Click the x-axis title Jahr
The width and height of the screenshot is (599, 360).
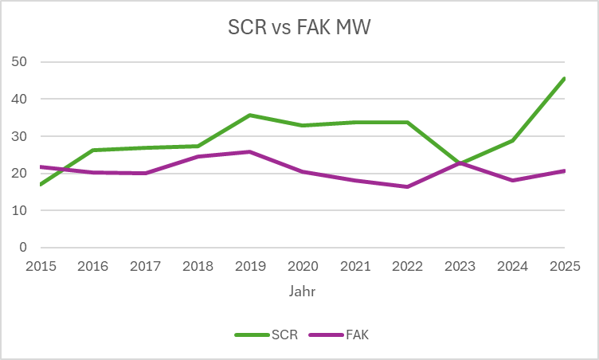(x=302, y=292)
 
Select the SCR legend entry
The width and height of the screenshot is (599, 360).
(x=268, y=335)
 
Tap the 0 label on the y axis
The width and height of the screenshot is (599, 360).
(x=22, y=248)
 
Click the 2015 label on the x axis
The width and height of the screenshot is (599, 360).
(x=41, y=266)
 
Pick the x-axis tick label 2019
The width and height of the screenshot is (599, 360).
(x=250, y=266)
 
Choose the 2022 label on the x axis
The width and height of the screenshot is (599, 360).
(x=407, y=266)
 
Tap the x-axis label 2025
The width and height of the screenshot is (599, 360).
(x=564, y=266)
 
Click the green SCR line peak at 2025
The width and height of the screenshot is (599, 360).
(x=564, y=78)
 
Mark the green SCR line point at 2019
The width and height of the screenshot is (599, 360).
(x=250, y=115)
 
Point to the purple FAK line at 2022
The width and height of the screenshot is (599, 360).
(x=407, y=186)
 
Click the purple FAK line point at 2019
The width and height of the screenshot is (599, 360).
(x=250, y=151)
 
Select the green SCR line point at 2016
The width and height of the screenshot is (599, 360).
(x=93, y=150)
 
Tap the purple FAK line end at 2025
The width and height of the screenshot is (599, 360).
(x=564, y=170)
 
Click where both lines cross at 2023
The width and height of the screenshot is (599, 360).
(x=460, y=163)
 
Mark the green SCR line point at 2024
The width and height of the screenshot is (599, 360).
(x=511, y=140)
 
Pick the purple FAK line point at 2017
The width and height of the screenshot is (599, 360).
(x=145, y=173)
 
